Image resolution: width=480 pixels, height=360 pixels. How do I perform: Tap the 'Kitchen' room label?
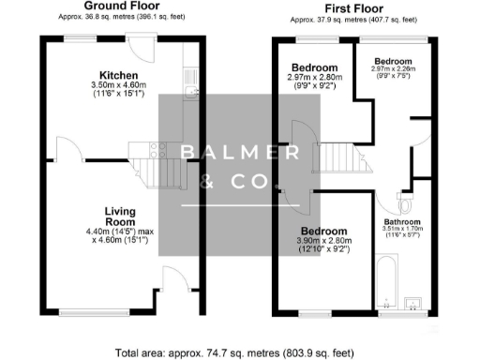(120, 75)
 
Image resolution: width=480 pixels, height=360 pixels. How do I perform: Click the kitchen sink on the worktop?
(191, 91)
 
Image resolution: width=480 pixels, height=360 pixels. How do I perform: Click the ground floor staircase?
(145, 169)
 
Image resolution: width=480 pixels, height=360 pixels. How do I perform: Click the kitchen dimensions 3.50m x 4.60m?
(120, 87)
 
